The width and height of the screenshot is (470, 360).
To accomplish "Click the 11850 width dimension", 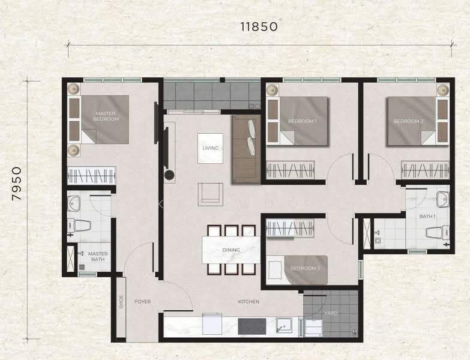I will pos(259,27).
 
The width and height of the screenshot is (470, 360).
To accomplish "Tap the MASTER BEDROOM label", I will pos(106,116).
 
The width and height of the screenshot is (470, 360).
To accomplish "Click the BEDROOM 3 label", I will pos(306,268).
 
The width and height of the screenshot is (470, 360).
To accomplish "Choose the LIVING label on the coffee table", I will pos(211,148).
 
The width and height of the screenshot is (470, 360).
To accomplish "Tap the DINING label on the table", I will pos(231,250).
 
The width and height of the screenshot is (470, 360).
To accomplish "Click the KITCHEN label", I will pos(249,302).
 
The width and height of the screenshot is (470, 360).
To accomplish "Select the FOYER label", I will pos(142,302).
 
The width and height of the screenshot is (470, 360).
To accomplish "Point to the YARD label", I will pos(331,313).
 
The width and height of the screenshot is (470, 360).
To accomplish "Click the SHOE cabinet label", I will pos(121,302).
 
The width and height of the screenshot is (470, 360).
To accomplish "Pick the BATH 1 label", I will pos(427,216).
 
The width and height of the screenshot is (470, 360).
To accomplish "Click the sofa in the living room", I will pos(246,149).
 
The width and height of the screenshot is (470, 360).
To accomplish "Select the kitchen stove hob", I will pos(251,326).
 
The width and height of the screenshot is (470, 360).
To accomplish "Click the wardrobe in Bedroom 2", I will pos(425,170).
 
